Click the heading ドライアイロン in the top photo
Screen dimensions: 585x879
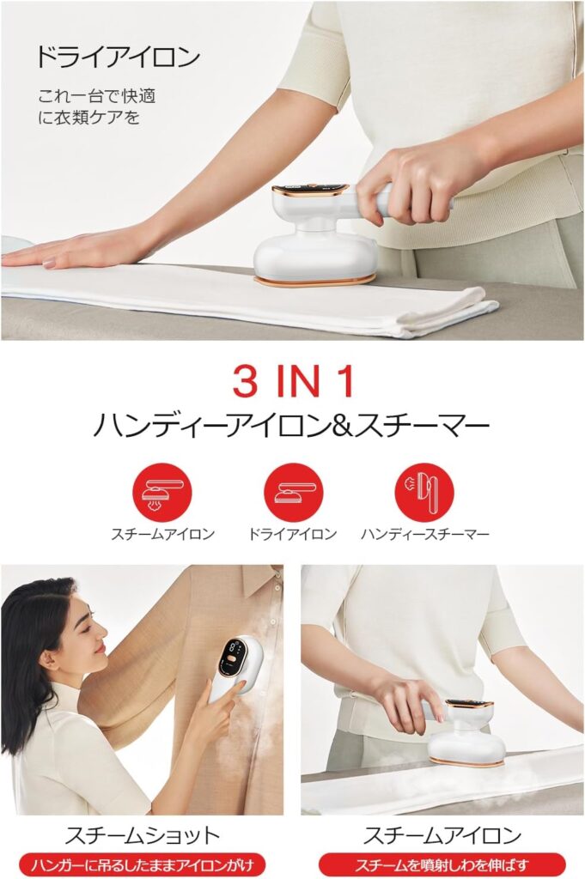(118, 58)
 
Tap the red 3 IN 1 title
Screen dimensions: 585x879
(294, 381)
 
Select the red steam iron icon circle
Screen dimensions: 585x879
(162, 493)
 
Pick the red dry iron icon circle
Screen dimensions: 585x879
(294, 493)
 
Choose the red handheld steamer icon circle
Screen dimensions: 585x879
(424, 493)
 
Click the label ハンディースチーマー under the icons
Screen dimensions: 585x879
(424, 534)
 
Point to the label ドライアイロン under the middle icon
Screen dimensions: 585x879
(292, 534)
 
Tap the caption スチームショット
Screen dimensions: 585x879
(143, 835)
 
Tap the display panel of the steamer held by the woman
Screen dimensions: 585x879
(234, 653)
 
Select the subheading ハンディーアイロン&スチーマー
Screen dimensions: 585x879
(291, 426)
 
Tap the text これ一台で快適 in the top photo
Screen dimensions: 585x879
(97, 96)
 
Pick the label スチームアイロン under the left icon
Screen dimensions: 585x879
(162, 534)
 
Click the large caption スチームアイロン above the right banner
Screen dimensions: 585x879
(442, 835)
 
